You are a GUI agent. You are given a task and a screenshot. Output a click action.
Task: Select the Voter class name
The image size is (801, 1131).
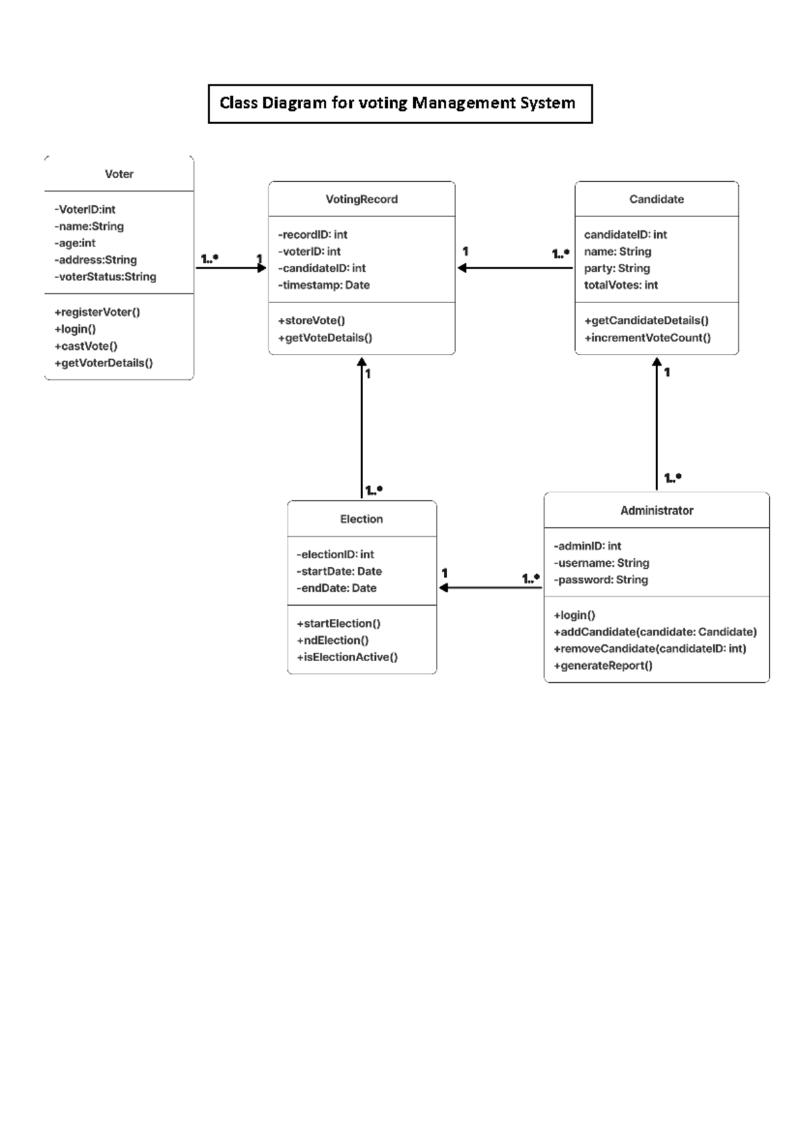(x=119, y=174)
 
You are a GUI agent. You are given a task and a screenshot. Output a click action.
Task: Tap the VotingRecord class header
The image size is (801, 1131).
(x=361, y=199)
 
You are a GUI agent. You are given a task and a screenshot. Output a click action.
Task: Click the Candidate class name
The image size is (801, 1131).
(x=656, y=199)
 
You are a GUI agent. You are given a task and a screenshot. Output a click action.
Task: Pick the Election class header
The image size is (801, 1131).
(x=361, y=519)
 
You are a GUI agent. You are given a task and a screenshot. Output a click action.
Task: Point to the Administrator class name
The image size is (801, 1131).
(x=656, y=511)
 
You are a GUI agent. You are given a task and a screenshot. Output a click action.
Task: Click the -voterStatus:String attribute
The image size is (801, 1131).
(x=105, y=277)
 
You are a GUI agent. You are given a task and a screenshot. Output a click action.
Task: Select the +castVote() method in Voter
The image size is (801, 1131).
(x=86, y=346)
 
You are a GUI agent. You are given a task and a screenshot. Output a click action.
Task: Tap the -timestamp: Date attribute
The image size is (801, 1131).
(x=324, y=285)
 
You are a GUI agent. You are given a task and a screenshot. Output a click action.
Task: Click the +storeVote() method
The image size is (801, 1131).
(x=312, y=320)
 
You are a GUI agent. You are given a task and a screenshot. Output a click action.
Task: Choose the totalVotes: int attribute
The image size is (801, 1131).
(x=621, y=285)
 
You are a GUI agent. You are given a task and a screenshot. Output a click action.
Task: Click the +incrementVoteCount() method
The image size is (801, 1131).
(x=647, y=338)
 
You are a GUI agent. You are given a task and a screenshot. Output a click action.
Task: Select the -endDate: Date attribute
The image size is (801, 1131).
(x=336, y=588)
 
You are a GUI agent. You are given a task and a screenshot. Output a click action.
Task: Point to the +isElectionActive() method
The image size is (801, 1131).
(x=347, y=657)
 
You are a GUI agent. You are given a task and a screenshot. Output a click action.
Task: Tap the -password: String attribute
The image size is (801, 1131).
(x=601, y=580)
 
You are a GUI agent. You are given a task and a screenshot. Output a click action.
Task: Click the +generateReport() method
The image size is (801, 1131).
(x=603, y=666)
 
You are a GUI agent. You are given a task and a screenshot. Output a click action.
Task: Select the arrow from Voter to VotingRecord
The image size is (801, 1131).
(x=230, y=268)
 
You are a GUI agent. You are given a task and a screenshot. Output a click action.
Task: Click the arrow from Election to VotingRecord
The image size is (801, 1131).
(x=362, y=427)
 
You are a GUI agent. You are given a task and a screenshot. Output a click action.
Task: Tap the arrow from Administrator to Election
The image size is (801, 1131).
(x=490, y=588)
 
